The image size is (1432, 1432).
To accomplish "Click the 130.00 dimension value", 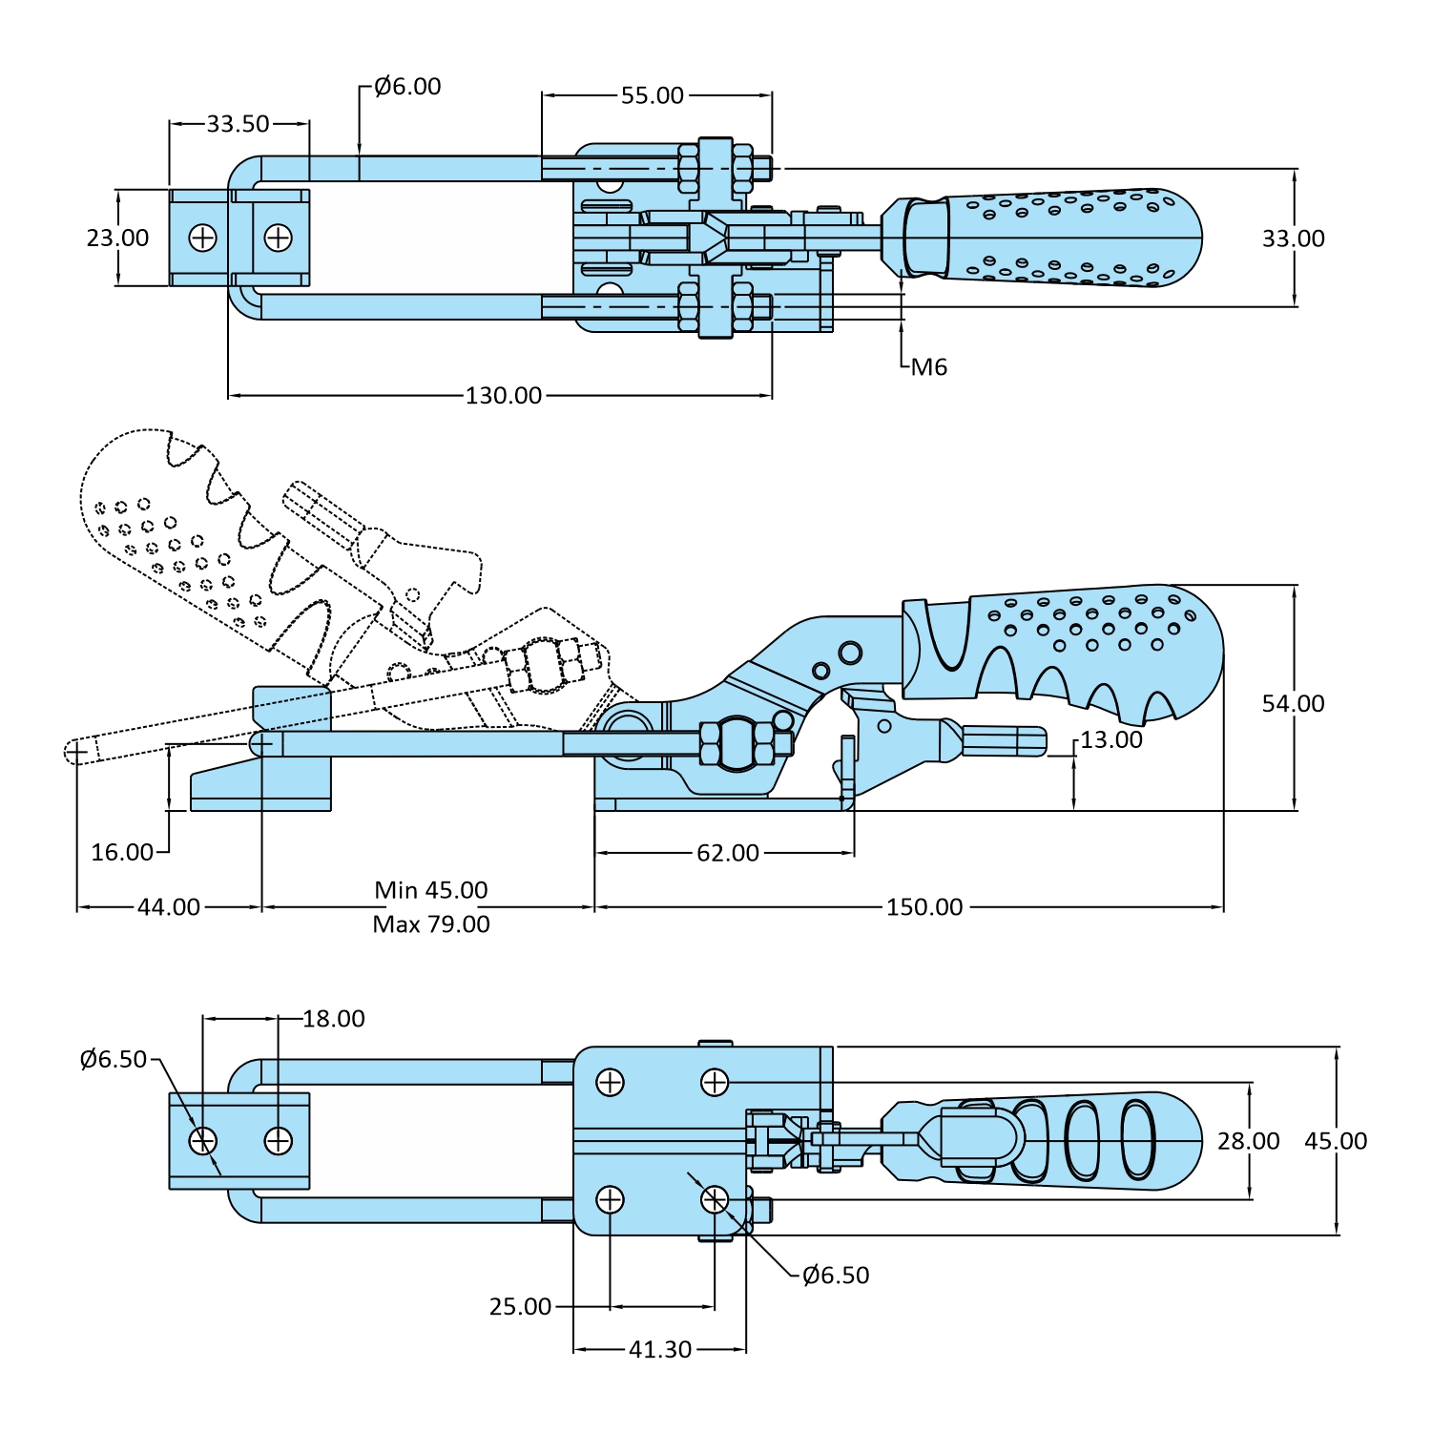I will (x=503, y=395).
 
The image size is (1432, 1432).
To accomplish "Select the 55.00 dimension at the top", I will (x=653, y=95).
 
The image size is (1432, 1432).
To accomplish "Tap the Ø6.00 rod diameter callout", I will (x=407, y=87).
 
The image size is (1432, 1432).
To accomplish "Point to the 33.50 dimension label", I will (x=238, y=123).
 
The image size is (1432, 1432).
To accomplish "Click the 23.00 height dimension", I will (x=117, y=238).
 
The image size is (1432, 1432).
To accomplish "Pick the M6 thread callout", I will (x=928, y=367).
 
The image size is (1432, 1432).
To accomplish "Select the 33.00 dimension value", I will (x=1293, y=239).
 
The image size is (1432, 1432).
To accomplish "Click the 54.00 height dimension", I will (x=1293, y=704).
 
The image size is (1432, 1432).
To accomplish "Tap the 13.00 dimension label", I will (x=1110, y=740).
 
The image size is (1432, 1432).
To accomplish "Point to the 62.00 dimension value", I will (x=727, y=853).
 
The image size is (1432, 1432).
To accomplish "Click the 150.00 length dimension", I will (x=924, y=907).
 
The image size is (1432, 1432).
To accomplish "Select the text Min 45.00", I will (x=430, y=890).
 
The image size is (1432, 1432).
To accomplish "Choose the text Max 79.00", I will (x=430, y=924).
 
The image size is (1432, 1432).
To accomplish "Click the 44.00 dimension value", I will (x=169, y=907).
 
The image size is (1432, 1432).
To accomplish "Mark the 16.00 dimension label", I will (x=122, y=852).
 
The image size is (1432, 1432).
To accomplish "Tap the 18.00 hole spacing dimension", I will (x=333, y=1019).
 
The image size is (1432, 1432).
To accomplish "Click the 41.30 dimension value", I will (x=659, y=1350).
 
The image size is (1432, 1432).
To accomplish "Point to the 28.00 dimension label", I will (x=1248, y=1141).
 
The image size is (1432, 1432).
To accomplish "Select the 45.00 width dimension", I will (x=1336, y=1141).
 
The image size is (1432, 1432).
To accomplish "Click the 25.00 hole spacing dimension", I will (x=520, y=1307).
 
